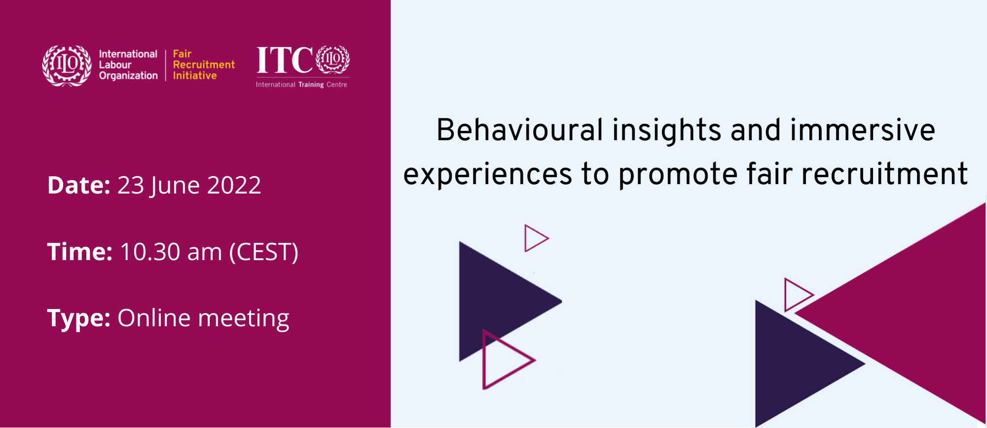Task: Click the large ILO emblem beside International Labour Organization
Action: (x=67, y=66)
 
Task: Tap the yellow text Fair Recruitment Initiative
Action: (x=204, y=65)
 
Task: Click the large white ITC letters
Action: (x=285, y=60)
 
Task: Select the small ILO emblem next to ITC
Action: (x=333, y=59)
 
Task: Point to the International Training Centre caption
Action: (x=302, y=84)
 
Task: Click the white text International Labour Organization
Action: (x=128, y=65)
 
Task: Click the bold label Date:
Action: (x=79, y=185)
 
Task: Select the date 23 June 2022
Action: (x=189, y=186)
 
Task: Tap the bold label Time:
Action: (x=80, y=252)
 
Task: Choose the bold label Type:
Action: (x=79, y=318)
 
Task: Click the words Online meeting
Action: (x=203, y=318)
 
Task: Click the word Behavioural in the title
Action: (x=520, y=130)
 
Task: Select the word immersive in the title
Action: (x=863, y=130)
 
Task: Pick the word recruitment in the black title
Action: (x=884, y=174)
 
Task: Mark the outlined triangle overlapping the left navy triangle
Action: (x=484, y=359)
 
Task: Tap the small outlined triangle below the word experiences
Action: (x=526, y=238)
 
